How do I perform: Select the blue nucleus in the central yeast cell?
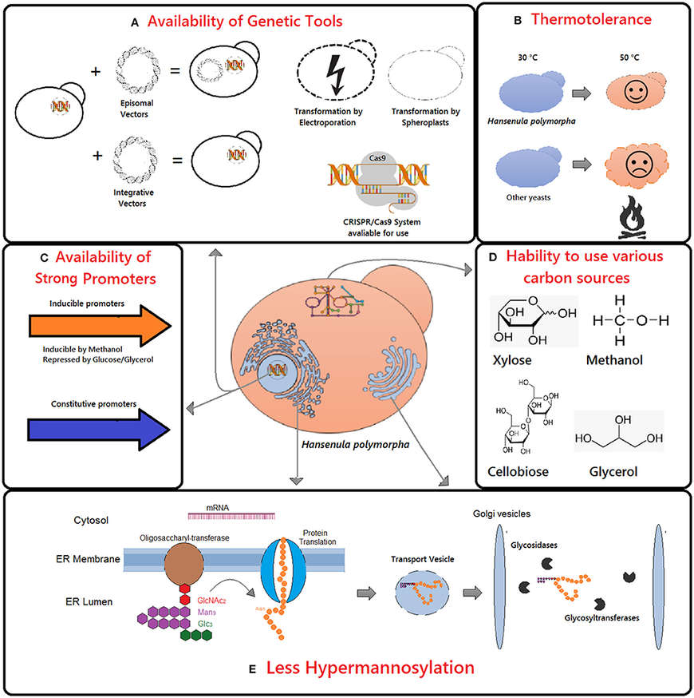(278, 371)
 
